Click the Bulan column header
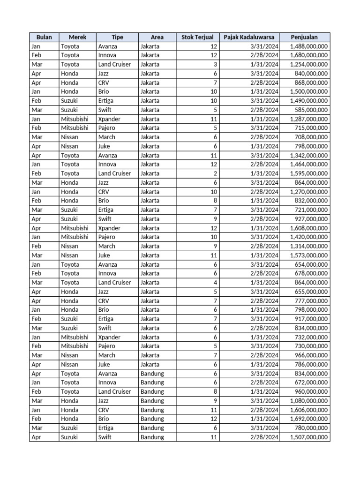tap(44, 37)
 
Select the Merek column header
tap(77, 37)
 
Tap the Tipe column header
tap(117, 37)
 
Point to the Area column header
tap(157, 37)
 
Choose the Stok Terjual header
tap(197, 37)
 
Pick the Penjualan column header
tap(304, 37)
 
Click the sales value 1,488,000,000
tap(309, 46)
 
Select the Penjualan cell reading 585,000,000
tap(311, 110)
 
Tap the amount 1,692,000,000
tap(309, 419)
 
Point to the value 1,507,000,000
tap(309, 437)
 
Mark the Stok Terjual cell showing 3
tap(215, 64)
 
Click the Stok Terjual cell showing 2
tap(215, 173)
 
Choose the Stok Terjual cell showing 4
tap(215, 283)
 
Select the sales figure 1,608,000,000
tap(309, 228)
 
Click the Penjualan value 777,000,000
tap(311, 301)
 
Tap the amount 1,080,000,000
tap(309, 401)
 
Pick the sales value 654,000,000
tap(311, 264)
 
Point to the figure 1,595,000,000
tap(309, 173)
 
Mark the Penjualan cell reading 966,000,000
tap(311, 355)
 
